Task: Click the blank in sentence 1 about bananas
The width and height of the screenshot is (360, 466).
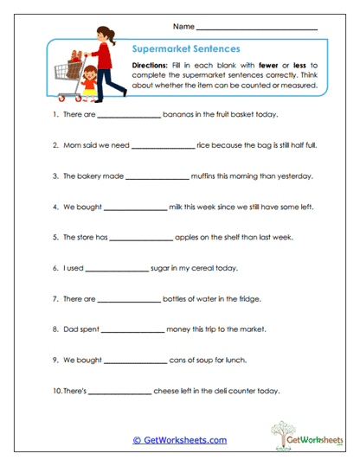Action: click(129, 113)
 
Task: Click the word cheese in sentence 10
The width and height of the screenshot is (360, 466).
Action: click(166, 391)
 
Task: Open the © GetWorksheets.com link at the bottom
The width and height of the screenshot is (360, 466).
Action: click(179, 440)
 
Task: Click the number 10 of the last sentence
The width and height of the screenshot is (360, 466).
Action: click(56, 391)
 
